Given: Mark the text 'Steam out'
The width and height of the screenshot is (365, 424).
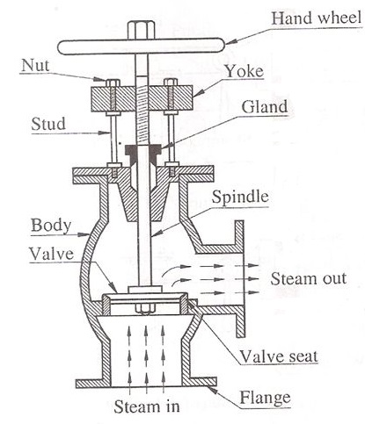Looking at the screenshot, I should coord(303,279).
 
